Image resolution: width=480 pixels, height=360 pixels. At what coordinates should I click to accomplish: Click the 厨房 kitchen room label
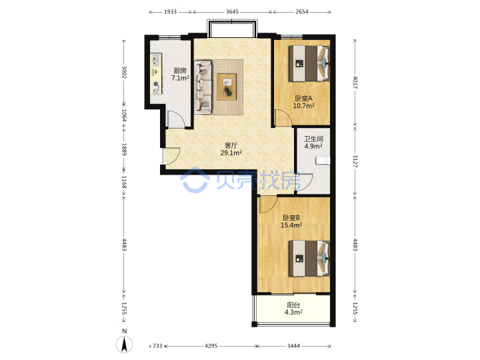pos(180,71)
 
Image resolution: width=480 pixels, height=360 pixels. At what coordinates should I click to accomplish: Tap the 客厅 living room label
pos(231,145)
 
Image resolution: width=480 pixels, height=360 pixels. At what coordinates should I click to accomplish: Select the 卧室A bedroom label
pos(303,98)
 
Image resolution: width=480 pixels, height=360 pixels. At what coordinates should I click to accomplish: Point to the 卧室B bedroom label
pos(291,217)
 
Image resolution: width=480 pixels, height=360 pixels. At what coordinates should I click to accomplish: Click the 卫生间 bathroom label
pos(313,139)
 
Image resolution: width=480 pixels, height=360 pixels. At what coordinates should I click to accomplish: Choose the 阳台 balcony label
pos(293,305)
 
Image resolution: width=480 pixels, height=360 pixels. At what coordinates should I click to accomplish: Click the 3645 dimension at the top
pos(233,11)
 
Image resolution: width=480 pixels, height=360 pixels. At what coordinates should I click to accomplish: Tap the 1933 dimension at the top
pos(170,11)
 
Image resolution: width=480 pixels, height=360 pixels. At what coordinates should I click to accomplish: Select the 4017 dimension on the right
pos(355,83)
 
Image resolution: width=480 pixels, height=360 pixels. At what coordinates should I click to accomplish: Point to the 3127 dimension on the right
pos(355,161)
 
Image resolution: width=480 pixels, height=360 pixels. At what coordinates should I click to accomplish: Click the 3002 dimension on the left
pos(124,72)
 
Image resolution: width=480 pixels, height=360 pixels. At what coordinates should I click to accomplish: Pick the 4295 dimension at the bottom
pos(211,346)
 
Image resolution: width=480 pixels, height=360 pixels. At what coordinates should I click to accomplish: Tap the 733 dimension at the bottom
pos(157,346)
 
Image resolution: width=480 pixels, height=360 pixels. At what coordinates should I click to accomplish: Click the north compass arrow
pos(124,345)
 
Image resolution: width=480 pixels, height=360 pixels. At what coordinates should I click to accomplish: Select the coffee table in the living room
pos(227,87)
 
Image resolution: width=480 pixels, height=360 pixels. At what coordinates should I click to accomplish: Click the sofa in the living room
pos(203,87)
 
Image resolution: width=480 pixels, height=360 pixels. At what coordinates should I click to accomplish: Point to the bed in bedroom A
pos(309,63)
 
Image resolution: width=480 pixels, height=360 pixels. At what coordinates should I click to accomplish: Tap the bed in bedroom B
pos(309,259)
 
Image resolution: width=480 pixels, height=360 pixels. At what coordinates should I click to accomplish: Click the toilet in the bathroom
pos(323,161)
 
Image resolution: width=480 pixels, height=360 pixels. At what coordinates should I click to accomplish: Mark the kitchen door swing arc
pos(181,115)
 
